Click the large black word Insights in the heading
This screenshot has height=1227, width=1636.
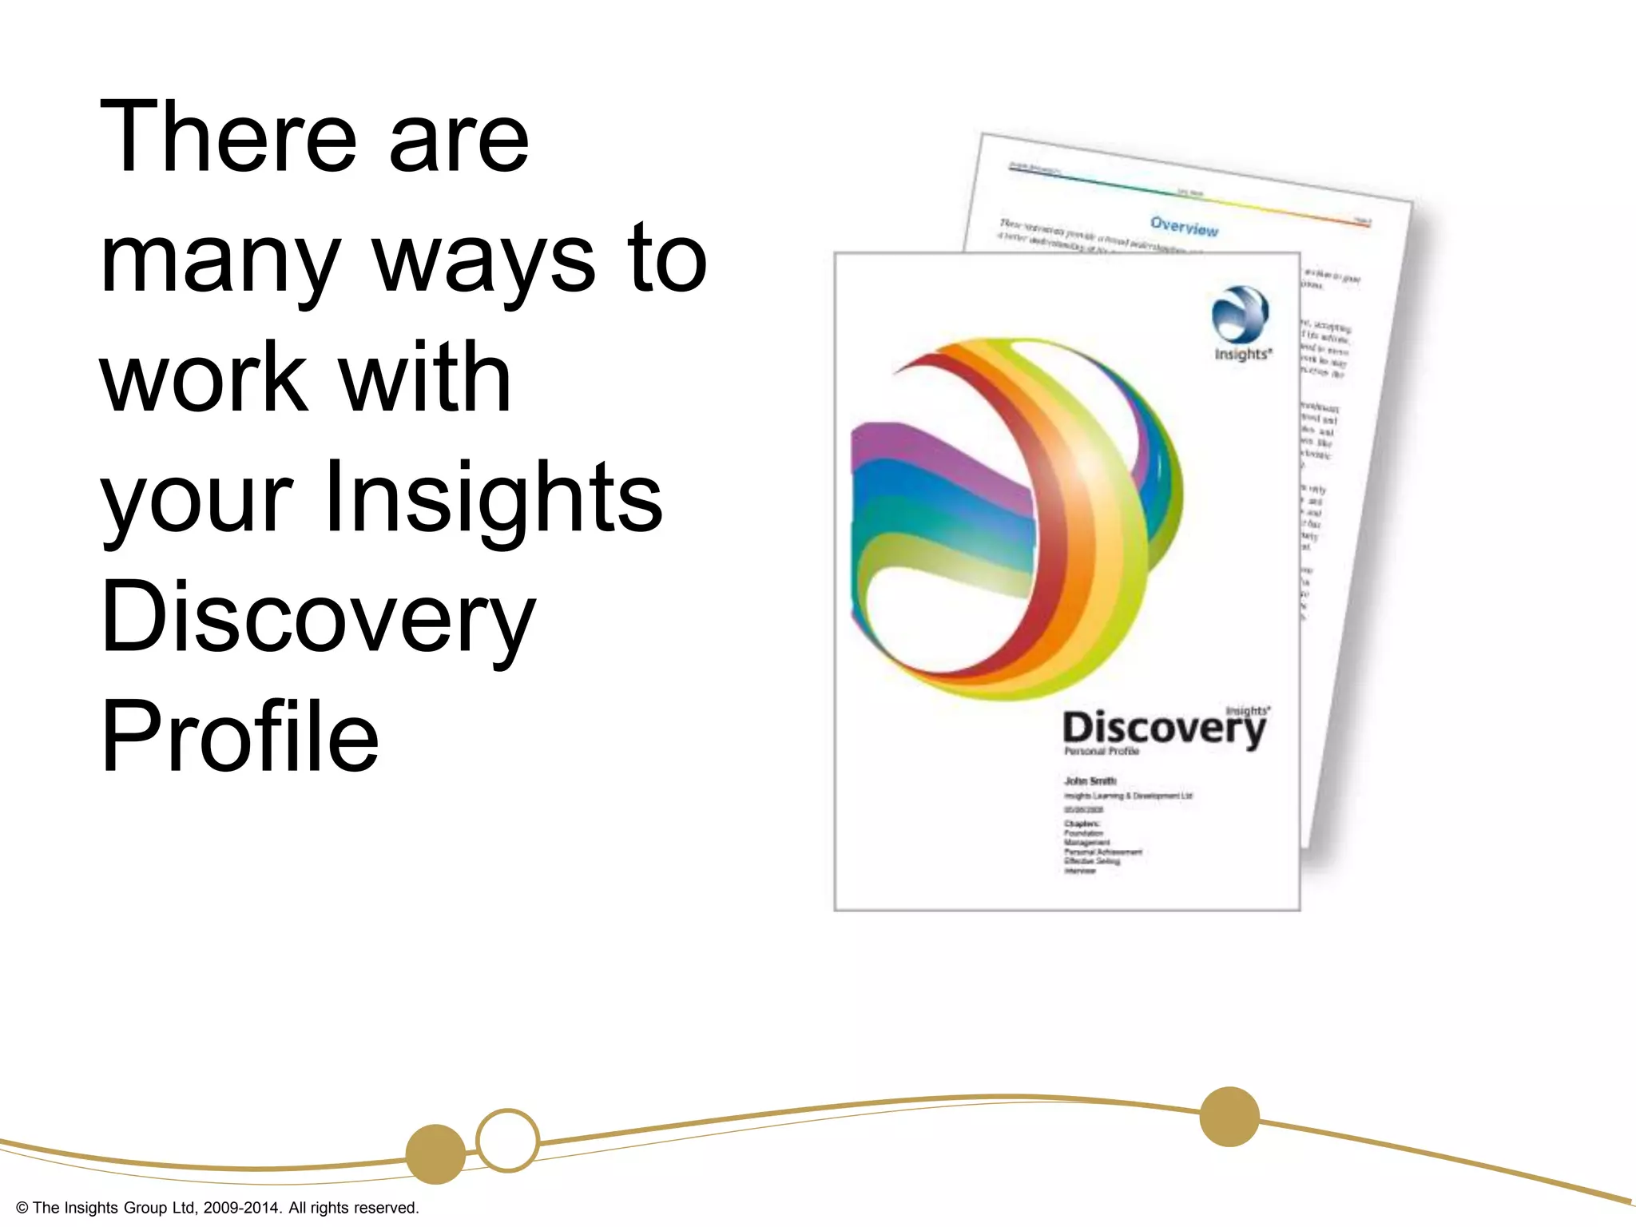point(493,497)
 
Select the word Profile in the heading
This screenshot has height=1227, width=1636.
point(240,737)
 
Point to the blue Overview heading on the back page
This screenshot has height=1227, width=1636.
point(1184,227)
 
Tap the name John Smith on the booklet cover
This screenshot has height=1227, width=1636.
point(1090,780)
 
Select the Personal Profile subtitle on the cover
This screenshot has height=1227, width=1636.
point(1101,751)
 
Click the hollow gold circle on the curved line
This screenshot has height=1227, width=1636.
point(507,1140)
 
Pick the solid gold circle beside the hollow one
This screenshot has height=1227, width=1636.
point(435,1154)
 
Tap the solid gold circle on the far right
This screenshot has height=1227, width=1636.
point(1229,1117)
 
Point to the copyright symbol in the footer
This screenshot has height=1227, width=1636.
point(22,1208)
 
